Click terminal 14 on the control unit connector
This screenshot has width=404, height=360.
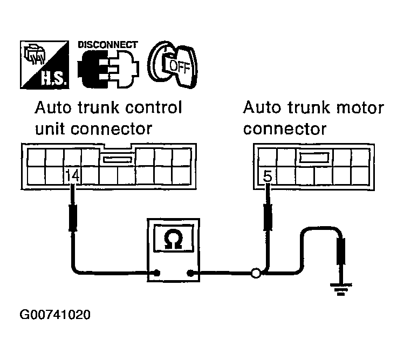pyautogui.click(x=72, y=175)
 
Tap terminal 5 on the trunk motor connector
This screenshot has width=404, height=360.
pyautogui.click(x=267, y=175)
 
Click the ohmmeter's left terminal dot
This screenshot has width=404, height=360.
pyautogui.click(x=157, y=273)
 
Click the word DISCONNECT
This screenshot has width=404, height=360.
pyautogui.click(x=107, y=44)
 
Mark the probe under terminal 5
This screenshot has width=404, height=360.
pyautogui.click(x=267, y=216)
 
